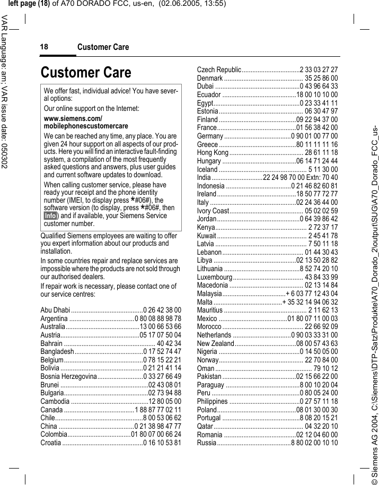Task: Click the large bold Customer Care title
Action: pyautogui.click(x=86, y=72)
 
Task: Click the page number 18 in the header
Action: pyautogui.click(x=43, y=47)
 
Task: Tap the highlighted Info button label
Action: pyautogui.click(x=50, y=216)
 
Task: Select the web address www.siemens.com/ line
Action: pyautogui.click(x=73, y=118)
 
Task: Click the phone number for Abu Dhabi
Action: pyautogui.click(x=162, y=310)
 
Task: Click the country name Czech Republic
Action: pyautogui.click(x=219, y=70)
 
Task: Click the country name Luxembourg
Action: pyautogui.click(x=215, y=276)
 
